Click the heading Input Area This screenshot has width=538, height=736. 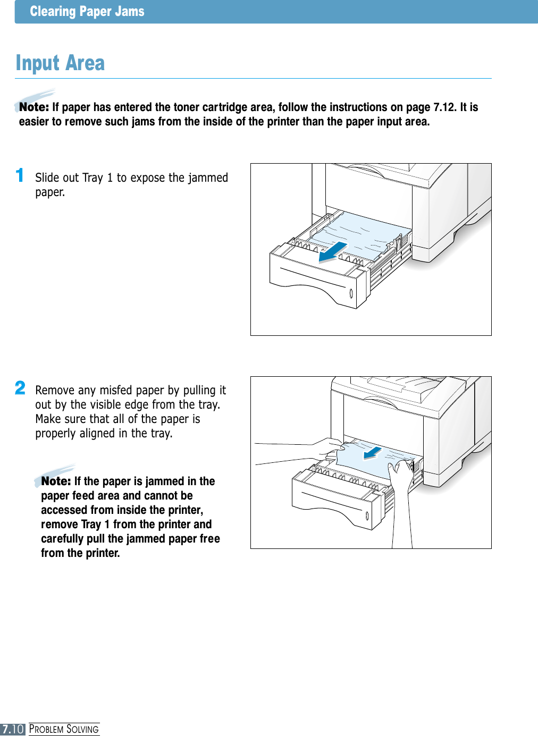[60, 63]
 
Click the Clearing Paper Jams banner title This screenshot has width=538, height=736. [87, 12]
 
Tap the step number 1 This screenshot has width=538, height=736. [20, 175]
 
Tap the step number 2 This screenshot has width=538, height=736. [20, 388]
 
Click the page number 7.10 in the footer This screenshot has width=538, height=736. [13, 729]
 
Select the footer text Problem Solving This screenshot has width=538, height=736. [64, 729]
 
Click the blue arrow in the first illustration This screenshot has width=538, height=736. [332, 251]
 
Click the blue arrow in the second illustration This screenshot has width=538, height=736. [372, 453]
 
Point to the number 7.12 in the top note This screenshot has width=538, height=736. [444, 107]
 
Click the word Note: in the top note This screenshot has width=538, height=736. [34, 107]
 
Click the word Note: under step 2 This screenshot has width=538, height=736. [56, 481]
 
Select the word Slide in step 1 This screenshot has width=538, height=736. [48, 177]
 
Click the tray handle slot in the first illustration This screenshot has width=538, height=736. [351, 293]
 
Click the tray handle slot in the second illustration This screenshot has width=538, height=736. [366, 515]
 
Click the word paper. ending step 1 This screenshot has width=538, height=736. [50, 192]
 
